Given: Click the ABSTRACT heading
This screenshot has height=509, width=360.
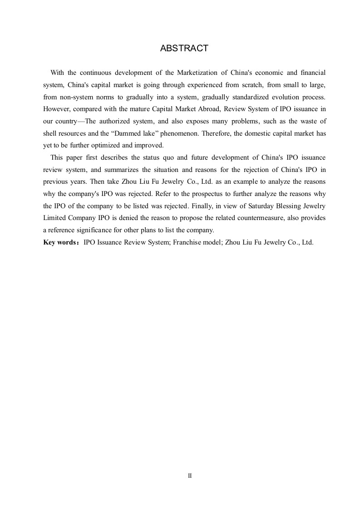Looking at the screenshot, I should click(184, 48).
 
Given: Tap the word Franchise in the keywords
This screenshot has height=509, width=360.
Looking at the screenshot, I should click(186, 242).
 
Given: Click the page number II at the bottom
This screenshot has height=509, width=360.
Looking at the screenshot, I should click(190, 476).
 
